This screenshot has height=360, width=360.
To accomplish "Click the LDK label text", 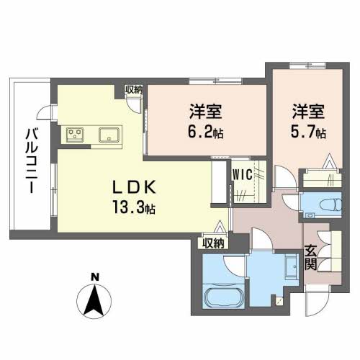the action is point(135,187).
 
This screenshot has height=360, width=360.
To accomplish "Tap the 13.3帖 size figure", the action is point(134,207).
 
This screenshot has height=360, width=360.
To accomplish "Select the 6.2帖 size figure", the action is point(206,132).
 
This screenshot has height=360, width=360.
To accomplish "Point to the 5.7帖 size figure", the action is point(308,132).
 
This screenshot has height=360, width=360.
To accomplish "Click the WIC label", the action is point(243,174).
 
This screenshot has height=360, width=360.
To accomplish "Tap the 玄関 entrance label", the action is point(310,258).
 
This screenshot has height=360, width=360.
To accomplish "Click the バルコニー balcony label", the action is point(32,161).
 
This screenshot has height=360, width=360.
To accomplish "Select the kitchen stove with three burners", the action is point(75,135).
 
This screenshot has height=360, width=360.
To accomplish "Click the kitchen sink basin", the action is point(109,135).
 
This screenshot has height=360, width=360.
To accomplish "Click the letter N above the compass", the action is point(95,277).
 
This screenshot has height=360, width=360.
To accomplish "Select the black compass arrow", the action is point(94,300).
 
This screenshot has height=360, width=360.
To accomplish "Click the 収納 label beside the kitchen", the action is point(133,90).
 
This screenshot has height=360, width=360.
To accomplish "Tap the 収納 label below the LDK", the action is point(213,243).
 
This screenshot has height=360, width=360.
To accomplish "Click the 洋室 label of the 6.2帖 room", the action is point(206,112).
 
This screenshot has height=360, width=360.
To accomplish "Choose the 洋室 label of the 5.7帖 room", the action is point(308,112).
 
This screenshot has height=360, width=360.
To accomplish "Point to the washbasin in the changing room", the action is point(292,266).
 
